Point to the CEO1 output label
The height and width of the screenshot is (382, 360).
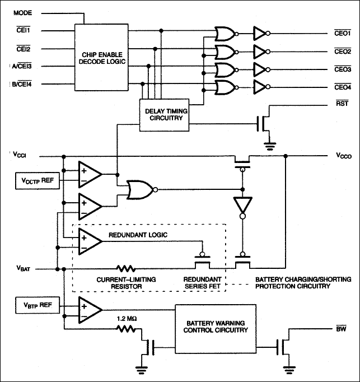click(342, 34)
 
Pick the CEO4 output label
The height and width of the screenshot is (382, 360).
click(342, 87)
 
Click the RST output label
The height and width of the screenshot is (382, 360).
click(342, 104)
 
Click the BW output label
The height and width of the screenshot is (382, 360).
click(340, 329)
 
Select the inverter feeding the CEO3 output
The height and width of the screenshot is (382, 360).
click(261, 69)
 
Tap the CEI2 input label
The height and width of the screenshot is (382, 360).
click(23, 49)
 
